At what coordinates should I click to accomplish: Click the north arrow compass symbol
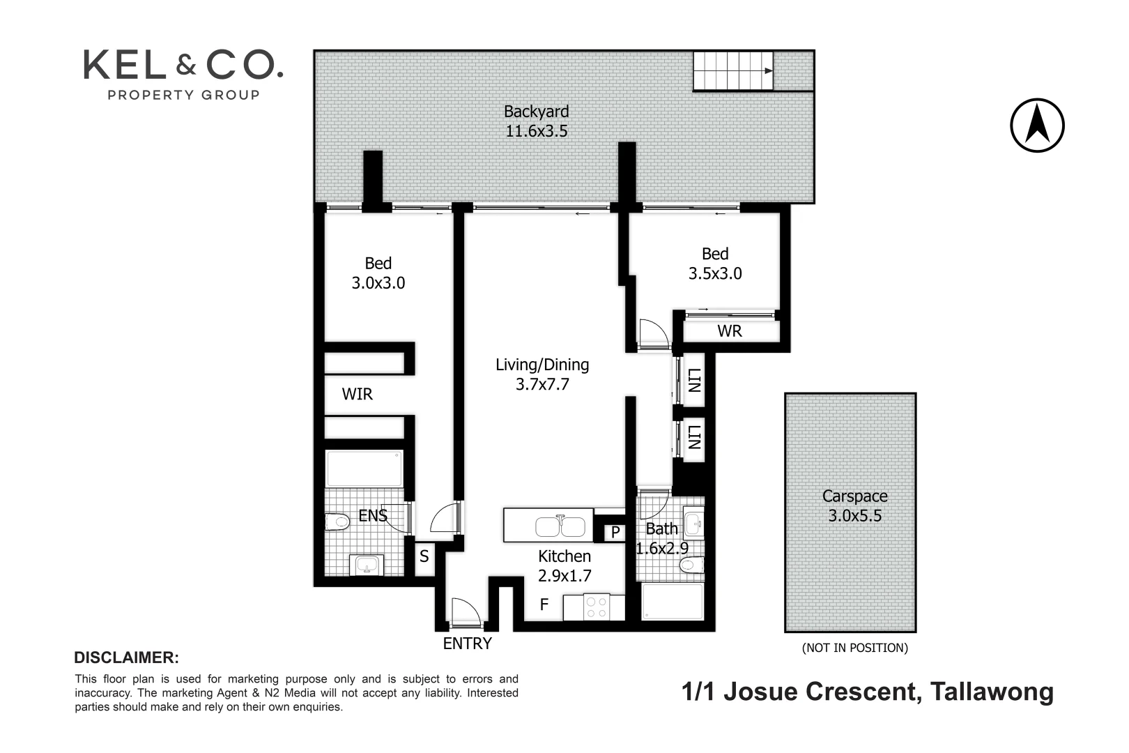pos(1037,125)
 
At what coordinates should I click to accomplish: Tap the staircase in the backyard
pos(732,70)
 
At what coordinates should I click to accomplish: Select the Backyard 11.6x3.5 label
pos(536,121)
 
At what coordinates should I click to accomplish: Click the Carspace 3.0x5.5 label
pos(854,506)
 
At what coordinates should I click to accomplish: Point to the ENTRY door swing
pos(463,612)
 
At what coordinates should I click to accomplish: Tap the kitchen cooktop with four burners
pos(596,606)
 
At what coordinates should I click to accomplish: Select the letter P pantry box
pos(615,533)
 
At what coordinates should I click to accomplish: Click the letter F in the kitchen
pos(545,605)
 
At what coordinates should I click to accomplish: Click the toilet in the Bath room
pos(692,565)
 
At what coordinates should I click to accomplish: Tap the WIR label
pos(357,395)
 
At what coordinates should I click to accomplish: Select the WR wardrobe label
pos(730,331)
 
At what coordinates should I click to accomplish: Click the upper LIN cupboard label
pos(693,381)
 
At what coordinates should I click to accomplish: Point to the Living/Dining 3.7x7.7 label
pos(542,374)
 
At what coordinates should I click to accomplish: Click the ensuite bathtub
pos(364,469)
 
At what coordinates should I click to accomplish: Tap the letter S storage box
pos(424,557)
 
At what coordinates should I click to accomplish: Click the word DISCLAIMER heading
pos(126,657)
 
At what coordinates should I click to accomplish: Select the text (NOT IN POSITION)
pos(854,648)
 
